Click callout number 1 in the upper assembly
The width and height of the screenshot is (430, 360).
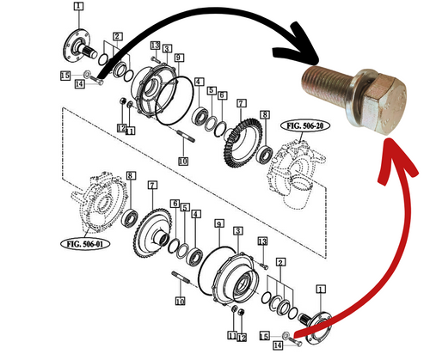point(78,7)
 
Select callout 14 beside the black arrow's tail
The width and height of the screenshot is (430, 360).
point(78,83)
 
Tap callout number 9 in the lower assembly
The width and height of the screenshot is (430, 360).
point(218,225)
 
